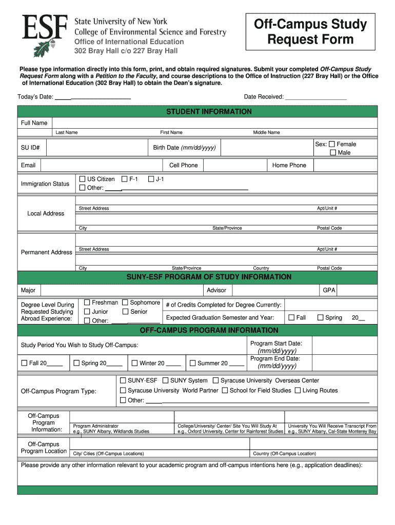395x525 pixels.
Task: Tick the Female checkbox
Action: coord(332,144)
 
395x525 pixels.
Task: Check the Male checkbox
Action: coord(333,153)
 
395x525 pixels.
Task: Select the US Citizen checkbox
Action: coord(83,179)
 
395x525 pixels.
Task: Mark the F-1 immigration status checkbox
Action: coord(124,179)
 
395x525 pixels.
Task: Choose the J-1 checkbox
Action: coord(151,179)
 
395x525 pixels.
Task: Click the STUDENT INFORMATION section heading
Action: coord(209,112)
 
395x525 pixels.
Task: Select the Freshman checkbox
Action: coord(87,302)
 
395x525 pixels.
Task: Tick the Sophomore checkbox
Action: coord(125,302)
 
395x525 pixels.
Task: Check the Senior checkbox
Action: coord(125,312)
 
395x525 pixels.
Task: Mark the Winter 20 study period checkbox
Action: coord(134,363)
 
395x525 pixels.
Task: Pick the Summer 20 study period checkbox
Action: coord(192,363)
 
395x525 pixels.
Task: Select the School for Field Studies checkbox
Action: coord(225,391)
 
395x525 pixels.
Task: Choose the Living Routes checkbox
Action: coord(298,391)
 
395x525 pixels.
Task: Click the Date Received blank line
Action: coord(315,97)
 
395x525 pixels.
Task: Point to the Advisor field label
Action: coord(216,290)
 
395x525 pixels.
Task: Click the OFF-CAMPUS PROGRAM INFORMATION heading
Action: coord(209,330)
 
